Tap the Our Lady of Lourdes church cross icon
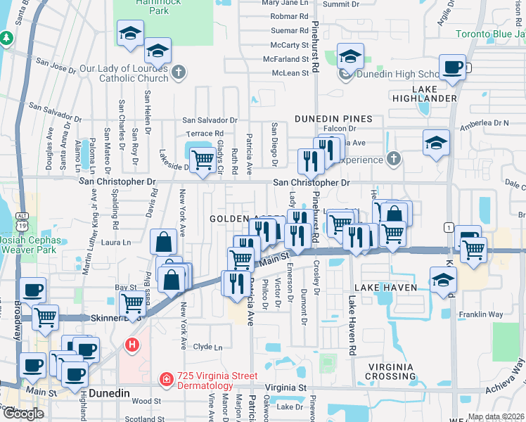[x=179, y=72]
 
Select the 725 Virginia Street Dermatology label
[x=204, y=381]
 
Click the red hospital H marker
[x=131, y=345]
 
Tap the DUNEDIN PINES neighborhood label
[x=333, y=119]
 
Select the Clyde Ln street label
[x=207, y=347]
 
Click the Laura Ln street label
[x=117, y=243]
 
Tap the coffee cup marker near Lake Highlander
[x=452, y=68]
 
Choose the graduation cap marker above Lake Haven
[x=443, y=280]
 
